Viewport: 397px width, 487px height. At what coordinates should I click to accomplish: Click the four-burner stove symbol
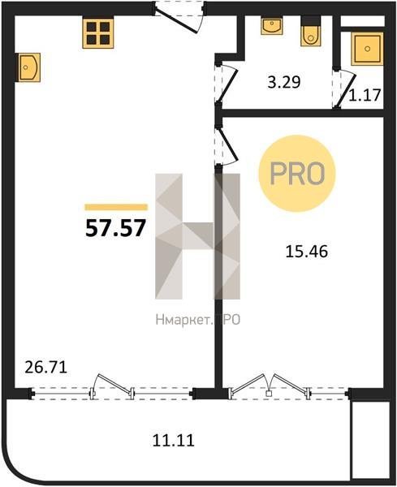[98, 32]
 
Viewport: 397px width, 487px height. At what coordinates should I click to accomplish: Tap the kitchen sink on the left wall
[28, 67]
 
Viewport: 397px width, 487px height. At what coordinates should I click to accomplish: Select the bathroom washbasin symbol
[272, 26]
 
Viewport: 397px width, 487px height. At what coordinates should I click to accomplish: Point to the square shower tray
[367, 49]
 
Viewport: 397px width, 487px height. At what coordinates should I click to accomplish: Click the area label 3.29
[284, 83]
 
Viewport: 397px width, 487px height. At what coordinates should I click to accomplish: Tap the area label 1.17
[365, 95]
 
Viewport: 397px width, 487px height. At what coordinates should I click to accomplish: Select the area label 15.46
[307, 252]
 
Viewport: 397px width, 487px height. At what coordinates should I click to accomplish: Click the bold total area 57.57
[115, 228]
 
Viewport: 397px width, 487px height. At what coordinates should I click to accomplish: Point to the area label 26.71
[45, 368]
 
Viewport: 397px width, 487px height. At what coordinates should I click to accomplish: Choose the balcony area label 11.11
[174, 440]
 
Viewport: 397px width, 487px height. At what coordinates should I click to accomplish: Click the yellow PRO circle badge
[297, 174]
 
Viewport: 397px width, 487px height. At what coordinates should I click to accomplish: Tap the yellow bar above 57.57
[116, 207]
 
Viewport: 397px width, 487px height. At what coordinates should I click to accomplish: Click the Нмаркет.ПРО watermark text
[198, 320]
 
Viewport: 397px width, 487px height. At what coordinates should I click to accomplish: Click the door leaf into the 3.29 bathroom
[227, 86]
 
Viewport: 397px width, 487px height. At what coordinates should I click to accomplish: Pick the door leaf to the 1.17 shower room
[346, 89]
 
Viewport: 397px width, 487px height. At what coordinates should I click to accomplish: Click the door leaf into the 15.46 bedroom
[228, 144]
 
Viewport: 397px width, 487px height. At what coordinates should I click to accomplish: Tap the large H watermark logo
[197, 236]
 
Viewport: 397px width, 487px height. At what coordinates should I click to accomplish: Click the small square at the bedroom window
[269, 394]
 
